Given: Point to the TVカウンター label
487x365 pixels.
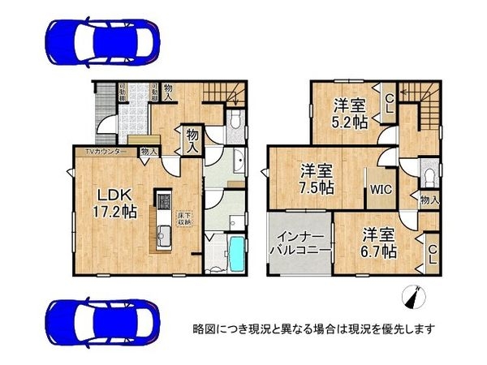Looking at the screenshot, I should coord(102,152).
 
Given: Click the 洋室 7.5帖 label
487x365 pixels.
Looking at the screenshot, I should coord(316,179).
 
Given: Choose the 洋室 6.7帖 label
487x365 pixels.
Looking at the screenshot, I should coord(378,243).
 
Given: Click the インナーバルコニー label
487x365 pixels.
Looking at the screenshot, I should coord(299,243).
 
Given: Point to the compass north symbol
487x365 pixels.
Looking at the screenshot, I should coord(413,299).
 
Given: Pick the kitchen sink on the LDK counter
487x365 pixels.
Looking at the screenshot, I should coord(161,238).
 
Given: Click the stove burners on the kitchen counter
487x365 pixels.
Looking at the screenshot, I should coord(161,200).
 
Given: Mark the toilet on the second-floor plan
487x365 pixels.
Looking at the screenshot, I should coord(428,174).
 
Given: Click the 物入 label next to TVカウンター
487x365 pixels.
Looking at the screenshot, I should coord(149,152).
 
